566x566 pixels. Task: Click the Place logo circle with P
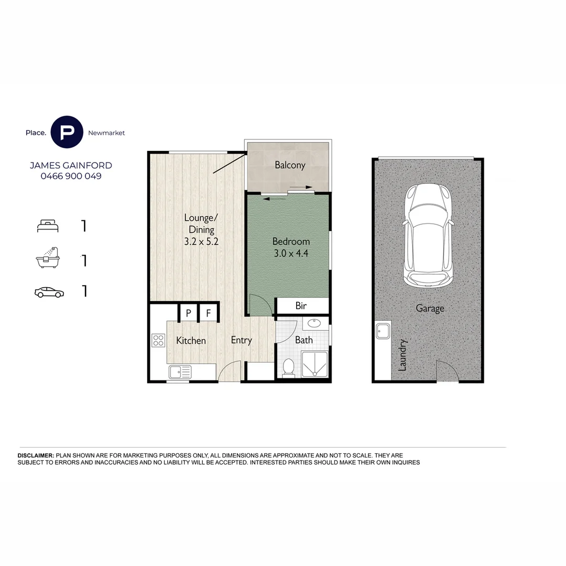click(67, 132)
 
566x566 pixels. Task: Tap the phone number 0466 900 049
click(71, 176)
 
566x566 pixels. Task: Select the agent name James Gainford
click(71, 165)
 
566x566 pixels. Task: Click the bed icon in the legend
click(48, 226)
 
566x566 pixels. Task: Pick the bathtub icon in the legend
click(48, 258)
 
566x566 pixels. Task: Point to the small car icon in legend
click(49, 292)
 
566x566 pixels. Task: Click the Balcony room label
click(290, 165)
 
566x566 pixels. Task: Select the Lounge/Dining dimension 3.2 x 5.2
click(198, 242)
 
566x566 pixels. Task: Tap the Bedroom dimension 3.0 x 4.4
click(291, 254)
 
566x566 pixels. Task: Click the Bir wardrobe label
click(301, 306)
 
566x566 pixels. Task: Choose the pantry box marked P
click(188, 313)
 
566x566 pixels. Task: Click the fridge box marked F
click(208, 313)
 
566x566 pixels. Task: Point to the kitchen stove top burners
click(158, 340)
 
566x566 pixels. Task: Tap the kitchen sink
click(180, 372)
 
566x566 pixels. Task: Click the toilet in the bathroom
click(288, 367)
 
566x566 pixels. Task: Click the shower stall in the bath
click(314, 364)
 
